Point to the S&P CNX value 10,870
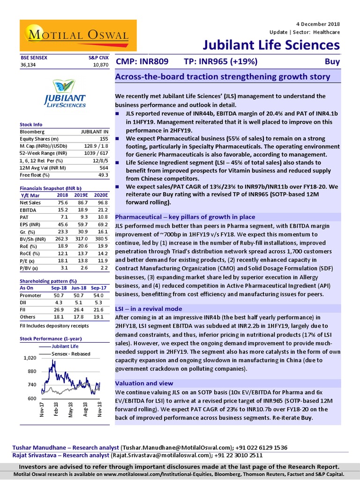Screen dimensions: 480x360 tap(101, 64)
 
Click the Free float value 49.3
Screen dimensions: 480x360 tap(104, 175)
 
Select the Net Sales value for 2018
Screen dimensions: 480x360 tap(62, 202)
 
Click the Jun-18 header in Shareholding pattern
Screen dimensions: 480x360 tap(83, 288)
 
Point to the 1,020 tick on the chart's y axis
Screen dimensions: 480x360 tap(29, 358)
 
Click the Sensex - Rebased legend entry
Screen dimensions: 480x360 tap(71, 354)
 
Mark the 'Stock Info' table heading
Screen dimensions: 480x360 tap(31, 125)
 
